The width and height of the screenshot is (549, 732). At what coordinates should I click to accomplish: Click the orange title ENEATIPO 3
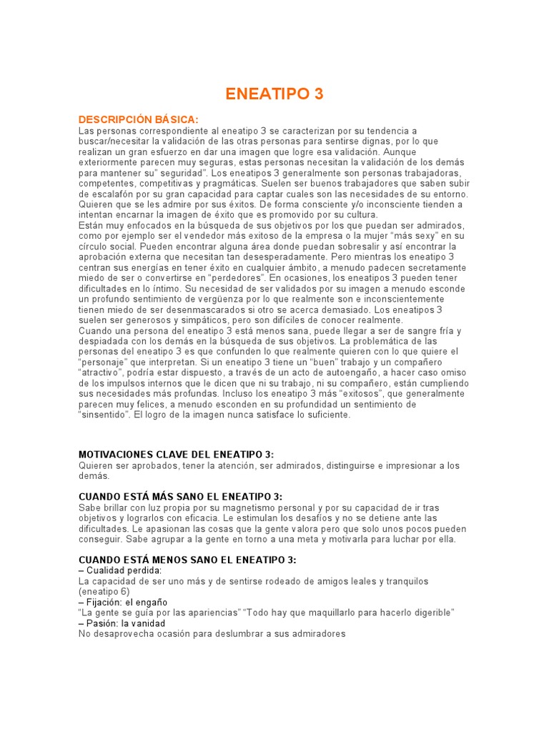(x=274, y=94)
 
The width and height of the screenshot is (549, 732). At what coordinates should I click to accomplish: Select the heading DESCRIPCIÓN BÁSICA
(x=138, y=119)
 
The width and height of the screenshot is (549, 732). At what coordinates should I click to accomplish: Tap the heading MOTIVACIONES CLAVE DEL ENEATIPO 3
(x=176, y=455)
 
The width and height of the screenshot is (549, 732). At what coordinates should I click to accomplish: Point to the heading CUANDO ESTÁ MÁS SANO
(x=180, y=497)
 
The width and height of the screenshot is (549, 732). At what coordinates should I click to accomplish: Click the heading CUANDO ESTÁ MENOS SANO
(x=187, y=560)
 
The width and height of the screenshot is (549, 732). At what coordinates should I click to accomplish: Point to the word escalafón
(x=101, y=194)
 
